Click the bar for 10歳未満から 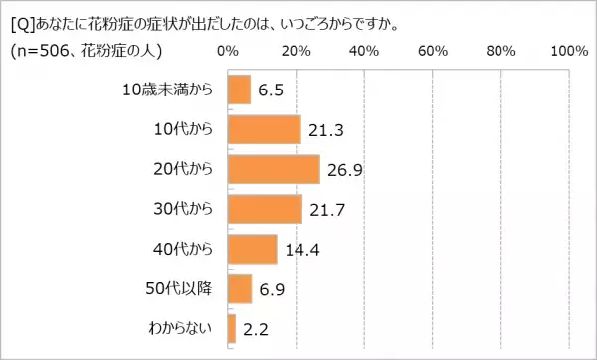[x=239, y=90]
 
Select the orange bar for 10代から [x=264, y=129]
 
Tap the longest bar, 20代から [x=274, y=169]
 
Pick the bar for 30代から [x=265, y=209]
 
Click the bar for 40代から [x=252, y=249]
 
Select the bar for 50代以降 [x=240, y=288]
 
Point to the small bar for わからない [x=232, y=328]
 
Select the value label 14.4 [x=298, y=250]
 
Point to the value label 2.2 [x=253, y=329]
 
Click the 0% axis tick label [x=228, y=51]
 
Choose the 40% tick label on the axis [x=364, y=51]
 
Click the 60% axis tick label [x=433, y=51]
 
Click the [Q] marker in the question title [x=22, y=22]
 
